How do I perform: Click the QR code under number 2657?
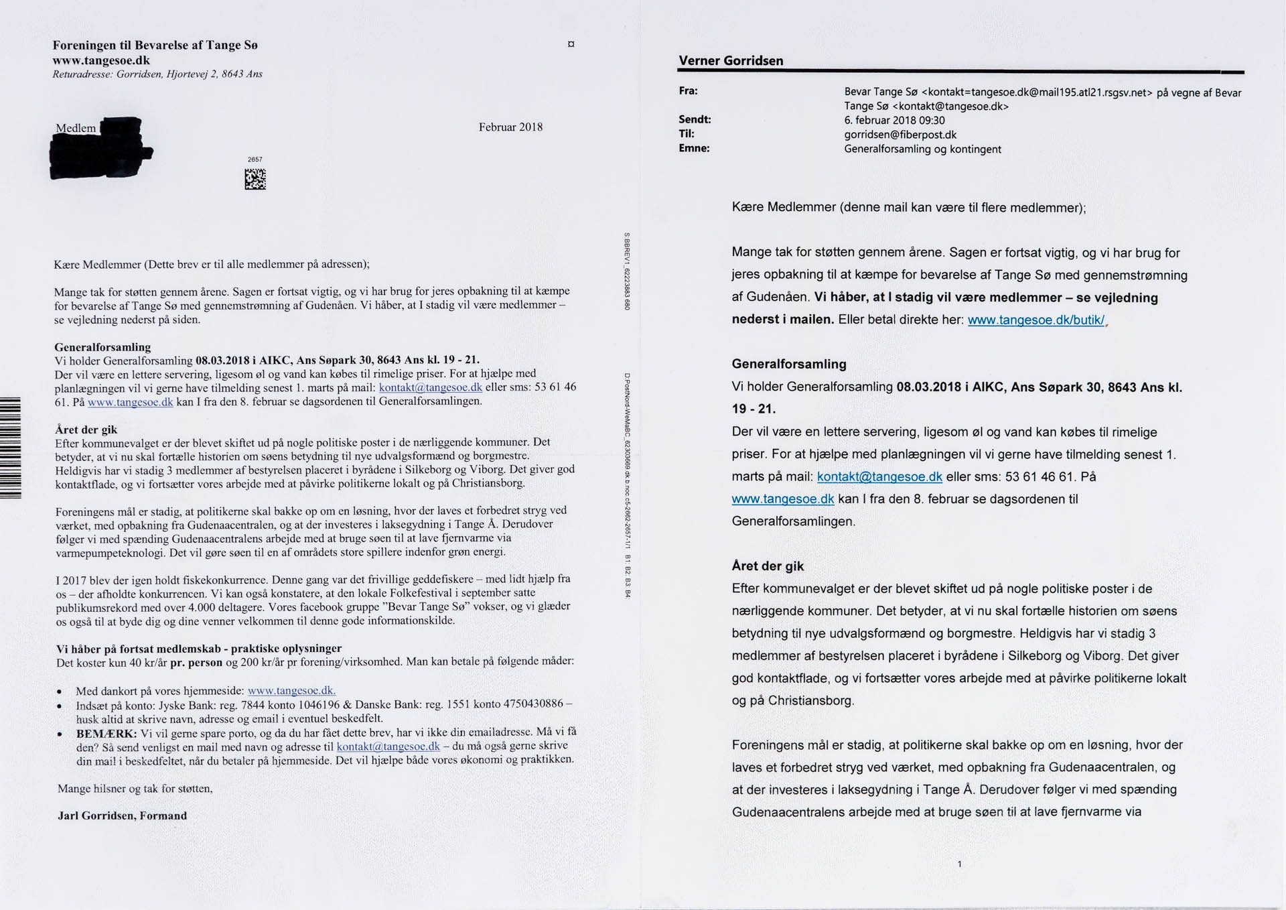255,179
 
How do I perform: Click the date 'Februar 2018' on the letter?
510,127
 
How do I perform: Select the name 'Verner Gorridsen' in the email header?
731,61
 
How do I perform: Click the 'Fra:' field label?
689,91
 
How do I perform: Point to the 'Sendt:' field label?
695,120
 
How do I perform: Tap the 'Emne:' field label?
694,149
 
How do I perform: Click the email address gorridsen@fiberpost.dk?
900,135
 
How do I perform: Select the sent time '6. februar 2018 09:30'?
894,121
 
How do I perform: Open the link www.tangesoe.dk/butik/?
1035,320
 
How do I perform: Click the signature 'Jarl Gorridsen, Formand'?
123,816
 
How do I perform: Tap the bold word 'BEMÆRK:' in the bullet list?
106,734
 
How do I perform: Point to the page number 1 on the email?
959,864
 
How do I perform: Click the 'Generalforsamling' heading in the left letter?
102,347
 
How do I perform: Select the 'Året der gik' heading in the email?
768,566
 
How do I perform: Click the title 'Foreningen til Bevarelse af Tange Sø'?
155,46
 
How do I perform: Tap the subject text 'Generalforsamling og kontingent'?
922,149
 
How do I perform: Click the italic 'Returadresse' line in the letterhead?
157,74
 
